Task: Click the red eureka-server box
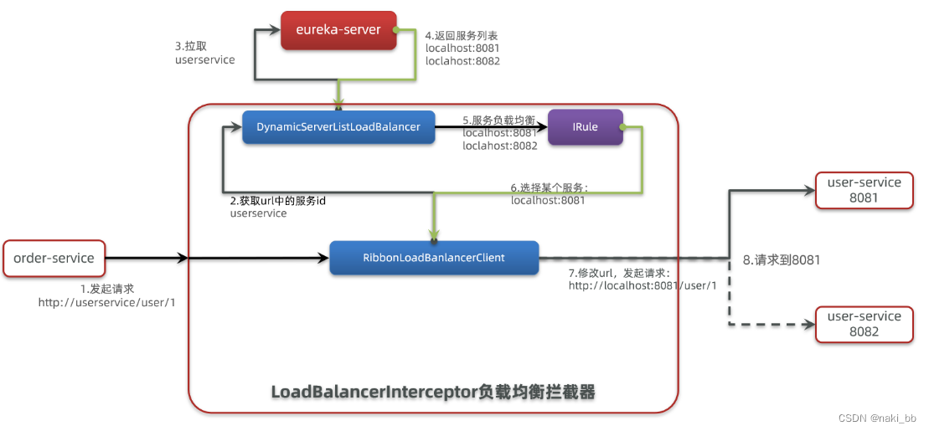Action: [338, 30]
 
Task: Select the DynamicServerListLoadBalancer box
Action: [338, 126]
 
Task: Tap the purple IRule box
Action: [586, 126]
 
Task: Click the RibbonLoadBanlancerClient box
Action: [433, 258]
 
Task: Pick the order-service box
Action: [54, 259]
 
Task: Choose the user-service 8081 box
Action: [864, 191]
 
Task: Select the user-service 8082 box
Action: [864, 324]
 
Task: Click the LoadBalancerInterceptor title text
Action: [432, 392]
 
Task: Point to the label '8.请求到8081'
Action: [782, 260]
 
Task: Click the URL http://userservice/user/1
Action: [106, 302]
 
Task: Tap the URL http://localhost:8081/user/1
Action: [643, 285]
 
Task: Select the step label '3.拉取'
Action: [191, 46]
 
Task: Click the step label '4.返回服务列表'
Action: [462, 36]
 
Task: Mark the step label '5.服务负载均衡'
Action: [498, 120]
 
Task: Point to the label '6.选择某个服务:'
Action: [550, 187]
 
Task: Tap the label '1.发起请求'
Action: [106, 288]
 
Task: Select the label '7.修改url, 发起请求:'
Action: [619, 272]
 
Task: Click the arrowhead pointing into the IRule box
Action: [542, 127]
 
